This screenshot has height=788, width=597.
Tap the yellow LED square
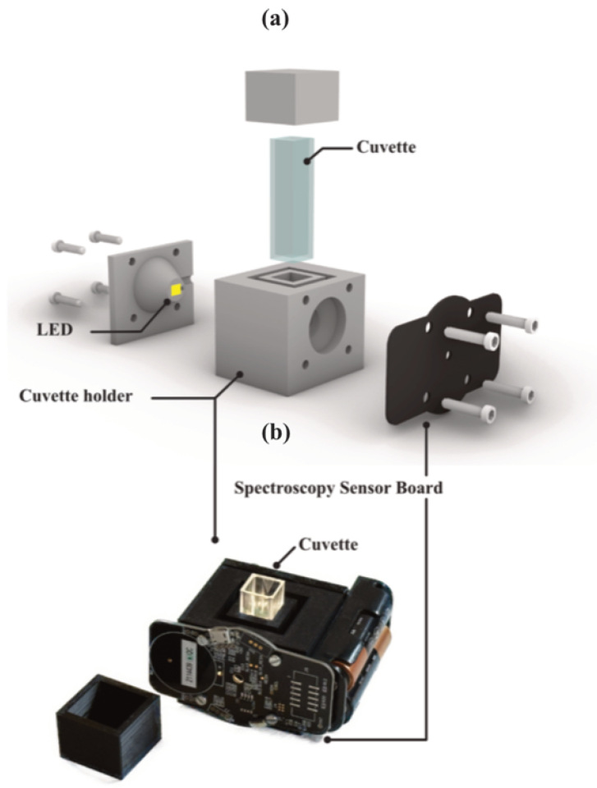175,289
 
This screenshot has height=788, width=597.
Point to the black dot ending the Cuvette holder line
215,540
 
